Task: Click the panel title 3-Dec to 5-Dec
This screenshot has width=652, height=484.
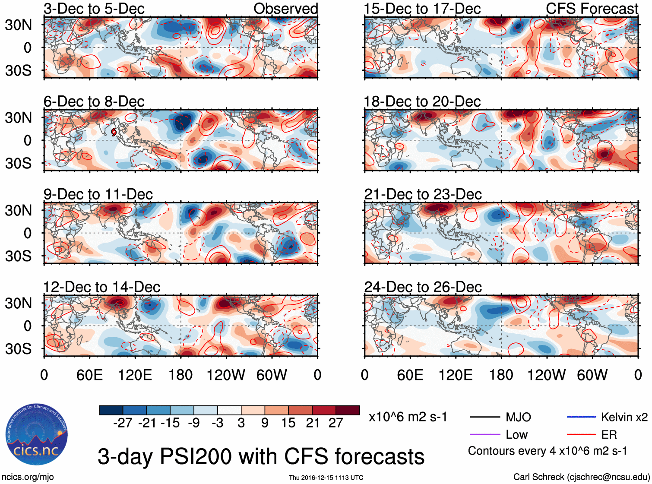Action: point(94,9)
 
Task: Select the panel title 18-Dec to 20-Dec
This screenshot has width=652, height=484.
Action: point(422,102)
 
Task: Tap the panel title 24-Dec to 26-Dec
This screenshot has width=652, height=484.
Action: point(423,287)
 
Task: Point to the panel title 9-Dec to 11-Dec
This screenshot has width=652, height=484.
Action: point(98,194)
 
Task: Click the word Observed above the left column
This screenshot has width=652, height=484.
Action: point(285,9)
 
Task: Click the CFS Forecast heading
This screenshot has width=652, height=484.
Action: point(592,9)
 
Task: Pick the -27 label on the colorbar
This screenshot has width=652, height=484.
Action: point(123,423)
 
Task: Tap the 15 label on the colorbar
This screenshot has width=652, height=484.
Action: point(288,423)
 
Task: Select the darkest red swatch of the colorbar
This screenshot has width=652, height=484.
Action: point(348,410)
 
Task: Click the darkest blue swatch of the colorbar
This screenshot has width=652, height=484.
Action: point(111,410)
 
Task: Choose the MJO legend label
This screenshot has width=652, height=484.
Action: point(518,417)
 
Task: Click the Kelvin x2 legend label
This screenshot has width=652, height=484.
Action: point(624,417)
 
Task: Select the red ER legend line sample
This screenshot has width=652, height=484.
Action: point(581,435)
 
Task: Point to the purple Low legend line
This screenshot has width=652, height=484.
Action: point(485,435)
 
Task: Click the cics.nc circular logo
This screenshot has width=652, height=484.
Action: point(36,435)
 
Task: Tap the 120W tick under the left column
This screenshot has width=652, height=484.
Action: point(226,375)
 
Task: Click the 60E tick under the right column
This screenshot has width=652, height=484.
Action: point(410,375)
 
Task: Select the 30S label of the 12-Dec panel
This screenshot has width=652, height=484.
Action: point(18,349)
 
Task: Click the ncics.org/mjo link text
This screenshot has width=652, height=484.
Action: point(28,477)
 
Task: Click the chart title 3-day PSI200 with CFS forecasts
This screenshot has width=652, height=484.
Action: point(261,456)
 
